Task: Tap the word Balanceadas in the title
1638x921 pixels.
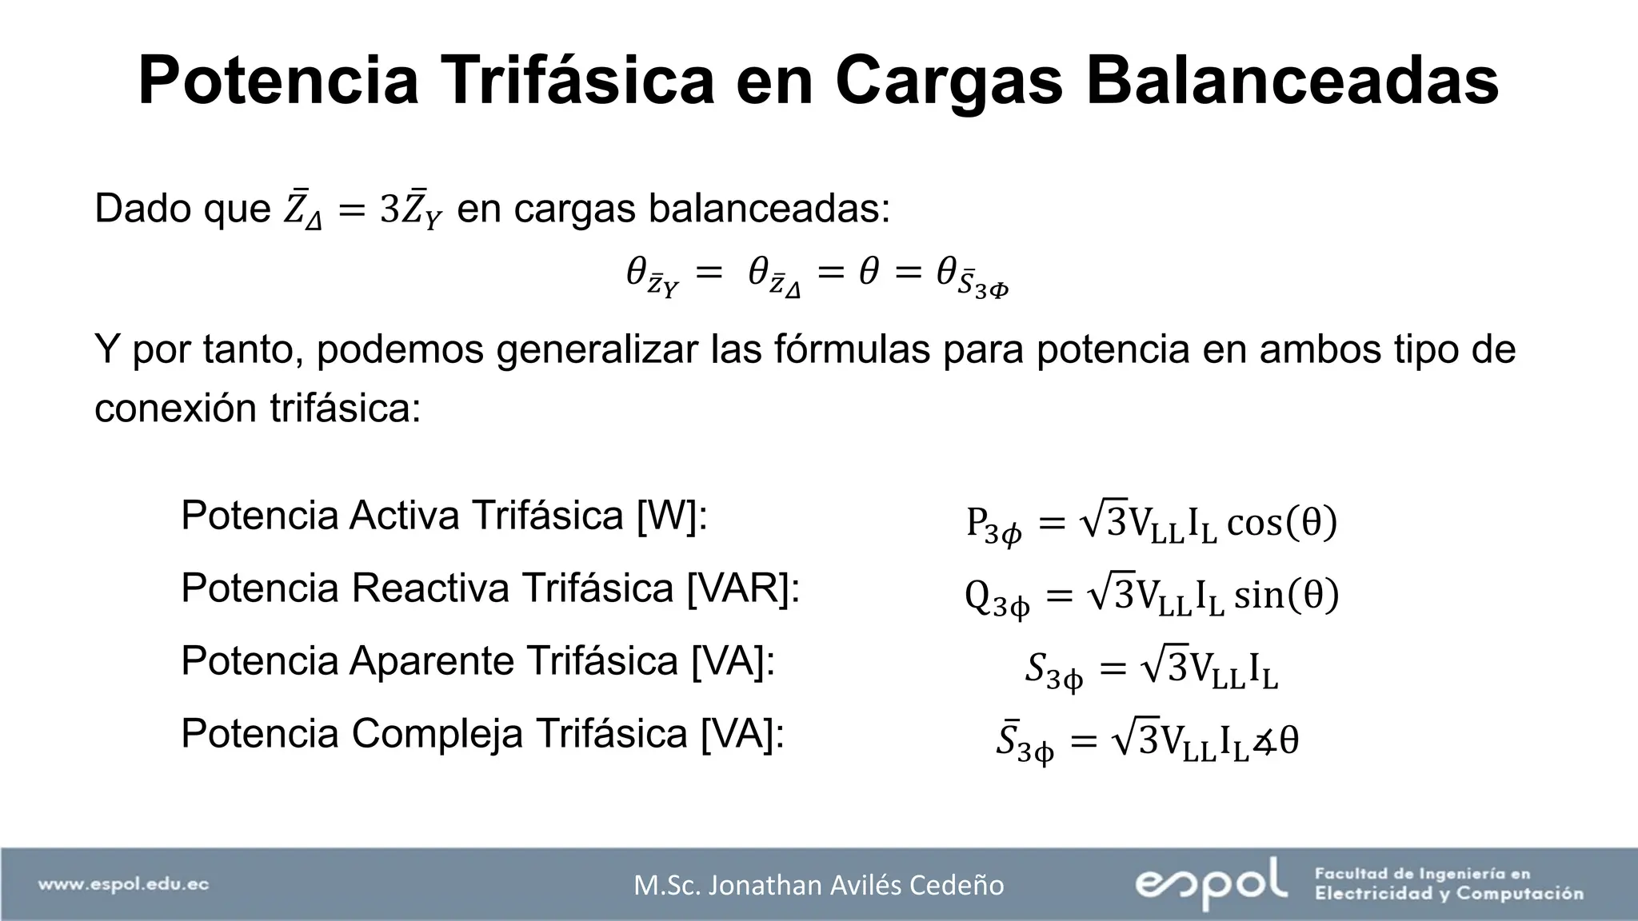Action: pyautogui.click(x=1292, y=80)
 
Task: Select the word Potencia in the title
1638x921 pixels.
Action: pyautogui.click(x=278, y=80)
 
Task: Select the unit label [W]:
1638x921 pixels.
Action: pyautogui.click(x=672, y=516)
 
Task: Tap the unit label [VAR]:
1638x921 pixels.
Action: pyautogui.click(x=743, y=588)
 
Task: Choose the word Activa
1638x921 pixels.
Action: pyautogui.click(x=404, y=516)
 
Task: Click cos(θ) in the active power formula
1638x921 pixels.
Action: pyautogui.click(x=1281, y=523)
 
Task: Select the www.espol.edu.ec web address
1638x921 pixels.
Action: pyautogui.click(x=124, y=884)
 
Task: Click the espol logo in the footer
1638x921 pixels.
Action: pyautogui.click(x=1211, y=883)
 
